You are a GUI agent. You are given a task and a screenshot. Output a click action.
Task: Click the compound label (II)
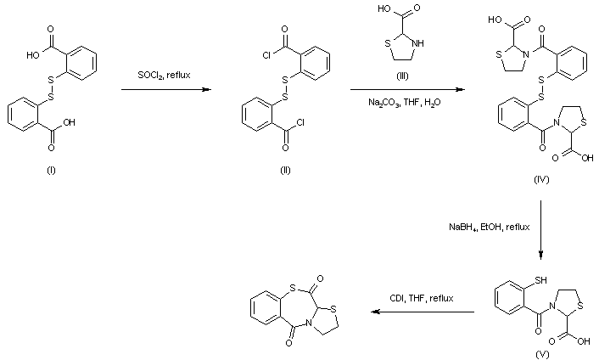(286, 170)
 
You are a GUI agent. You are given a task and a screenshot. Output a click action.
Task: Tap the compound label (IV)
(540, 180)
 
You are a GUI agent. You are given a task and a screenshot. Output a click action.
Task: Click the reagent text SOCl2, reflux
(165, 76)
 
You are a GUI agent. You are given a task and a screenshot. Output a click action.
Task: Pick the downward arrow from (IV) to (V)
(541, 229)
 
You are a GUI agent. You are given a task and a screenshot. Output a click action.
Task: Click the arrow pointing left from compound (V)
(422, 312)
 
